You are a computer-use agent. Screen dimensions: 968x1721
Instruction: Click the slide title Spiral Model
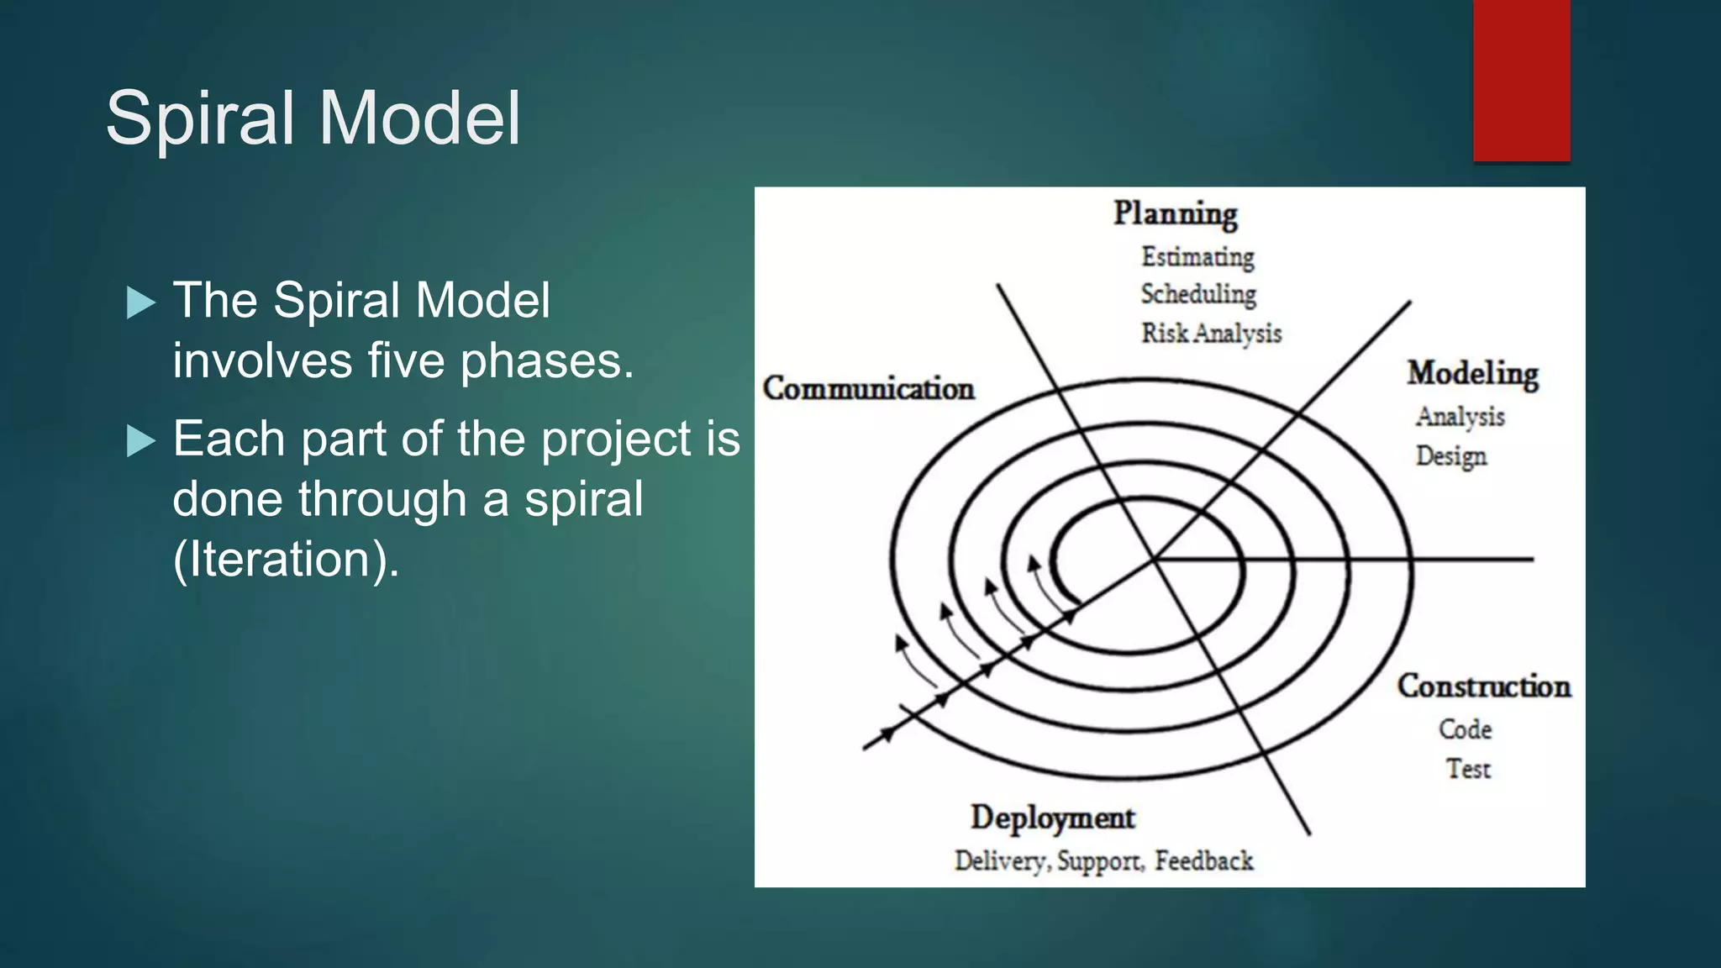[x=313, y=118]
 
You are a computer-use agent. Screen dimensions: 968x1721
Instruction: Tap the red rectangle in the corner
[x=1521, y=80]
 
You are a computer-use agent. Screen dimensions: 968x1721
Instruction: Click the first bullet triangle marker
[x=141, y=302]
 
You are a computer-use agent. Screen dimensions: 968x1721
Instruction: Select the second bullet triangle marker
[x=141, y=440]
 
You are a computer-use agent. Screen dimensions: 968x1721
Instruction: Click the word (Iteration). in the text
[x=286, y=560]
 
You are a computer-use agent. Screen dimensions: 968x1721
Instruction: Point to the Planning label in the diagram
[x=1175, y=213]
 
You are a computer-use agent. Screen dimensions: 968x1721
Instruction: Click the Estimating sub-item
[x=1197, y=256]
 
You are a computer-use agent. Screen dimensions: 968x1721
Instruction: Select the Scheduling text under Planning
[x=1198, y=294]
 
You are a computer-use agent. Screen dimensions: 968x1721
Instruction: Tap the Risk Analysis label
[x=1211, y=334]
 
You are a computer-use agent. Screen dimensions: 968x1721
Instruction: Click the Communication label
[x=868, y=388]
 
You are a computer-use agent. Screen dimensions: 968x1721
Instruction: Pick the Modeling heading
[x=1472, y=373]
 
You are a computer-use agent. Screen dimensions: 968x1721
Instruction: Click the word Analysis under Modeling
[x=1460, y=416]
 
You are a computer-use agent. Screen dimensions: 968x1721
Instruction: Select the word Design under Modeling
[x=1450, y=455]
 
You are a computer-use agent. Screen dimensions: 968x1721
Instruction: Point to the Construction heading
[x=1483, y=687]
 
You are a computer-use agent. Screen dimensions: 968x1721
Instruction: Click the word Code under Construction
[x=1465, y=729]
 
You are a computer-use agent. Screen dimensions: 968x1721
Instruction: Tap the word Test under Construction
[x=1468, y=768]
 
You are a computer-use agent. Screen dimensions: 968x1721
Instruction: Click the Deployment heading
[x=1052, y=818]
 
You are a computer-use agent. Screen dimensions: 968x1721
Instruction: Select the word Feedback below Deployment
[x=1203, y=861]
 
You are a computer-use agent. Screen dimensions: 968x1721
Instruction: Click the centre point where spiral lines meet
[x=1154, y=559]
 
